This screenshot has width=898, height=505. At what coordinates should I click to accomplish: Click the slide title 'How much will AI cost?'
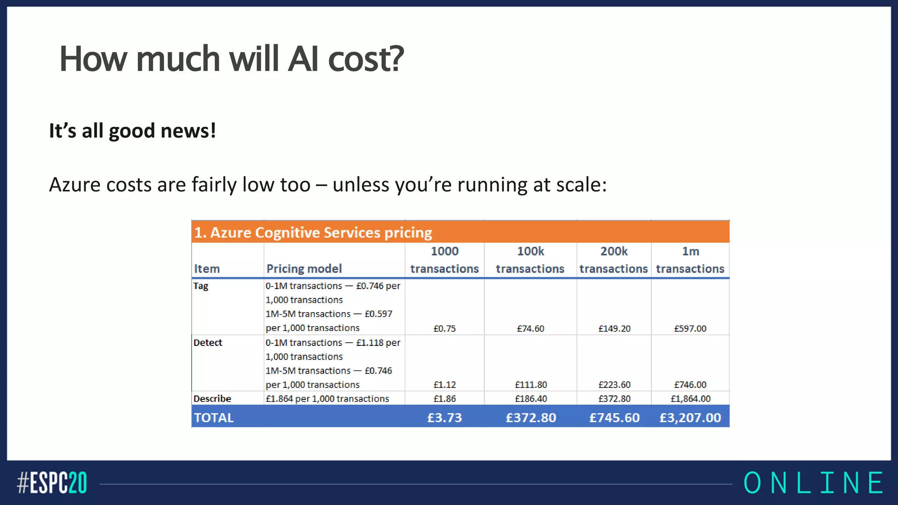click(x=232, y=59)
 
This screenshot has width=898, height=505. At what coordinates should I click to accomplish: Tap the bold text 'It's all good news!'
click(x=132, y=131)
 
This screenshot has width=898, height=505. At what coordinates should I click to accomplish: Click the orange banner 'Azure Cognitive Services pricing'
click(x=313, y=232)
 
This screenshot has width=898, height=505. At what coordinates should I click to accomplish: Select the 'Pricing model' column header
click(x=304, y=268)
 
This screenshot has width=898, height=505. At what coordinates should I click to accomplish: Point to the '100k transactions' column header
click(x=530, y=260)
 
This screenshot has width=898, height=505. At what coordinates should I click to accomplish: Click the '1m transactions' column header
click(x=690, y=260)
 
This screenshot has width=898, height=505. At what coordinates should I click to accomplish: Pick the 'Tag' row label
click(x=201, y=286)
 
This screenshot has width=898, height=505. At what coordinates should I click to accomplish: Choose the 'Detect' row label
click(x=208, y=342)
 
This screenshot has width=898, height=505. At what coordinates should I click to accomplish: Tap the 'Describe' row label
click(x=212, y=398)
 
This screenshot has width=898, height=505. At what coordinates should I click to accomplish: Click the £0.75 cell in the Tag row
click(x=445, y=328)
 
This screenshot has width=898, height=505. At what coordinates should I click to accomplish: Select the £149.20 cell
click(x=614, y=328)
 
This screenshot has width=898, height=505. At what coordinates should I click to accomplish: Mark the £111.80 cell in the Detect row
click(x=531, y=384)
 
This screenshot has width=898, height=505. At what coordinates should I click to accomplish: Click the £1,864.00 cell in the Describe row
click(x=690, y=398)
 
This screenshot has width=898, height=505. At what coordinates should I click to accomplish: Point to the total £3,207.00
click(x=690, y=417)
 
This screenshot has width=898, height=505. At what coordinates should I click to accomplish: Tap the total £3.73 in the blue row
click(x=445, y=417)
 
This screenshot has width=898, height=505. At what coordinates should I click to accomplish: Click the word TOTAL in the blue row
click(x=214, y=417)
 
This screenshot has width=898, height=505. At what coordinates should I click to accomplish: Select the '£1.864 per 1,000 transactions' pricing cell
click(x=327, y=398)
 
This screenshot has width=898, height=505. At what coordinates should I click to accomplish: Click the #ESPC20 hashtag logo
click(x=52, y=483)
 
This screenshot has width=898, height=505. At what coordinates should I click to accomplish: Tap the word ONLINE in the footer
click(x=813, y=483)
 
